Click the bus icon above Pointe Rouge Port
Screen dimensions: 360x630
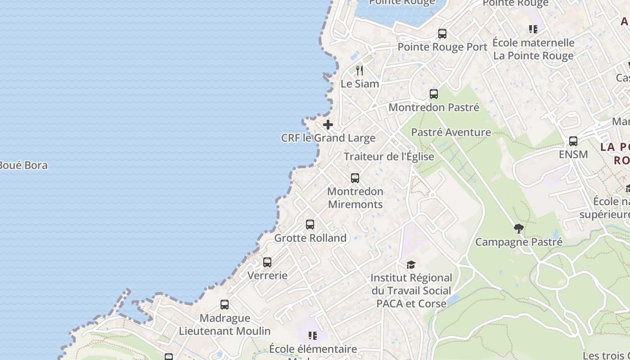tap(442, 34)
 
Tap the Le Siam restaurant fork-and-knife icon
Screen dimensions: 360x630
tap(360, 71)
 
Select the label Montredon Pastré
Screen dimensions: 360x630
tap(434, 108)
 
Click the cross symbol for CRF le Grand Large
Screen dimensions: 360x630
tap(328, 125)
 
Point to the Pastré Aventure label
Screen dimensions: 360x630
tap(451, 132)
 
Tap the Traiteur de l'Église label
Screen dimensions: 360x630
tap(389, 157)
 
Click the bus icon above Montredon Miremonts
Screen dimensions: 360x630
tap(355, 178)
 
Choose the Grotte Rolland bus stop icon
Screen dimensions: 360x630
tap(310, 225)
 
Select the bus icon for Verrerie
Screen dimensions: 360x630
tap(267, 262)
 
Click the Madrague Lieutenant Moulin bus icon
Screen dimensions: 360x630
tap(225, 305)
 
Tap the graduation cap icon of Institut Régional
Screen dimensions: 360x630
tap(411, 265)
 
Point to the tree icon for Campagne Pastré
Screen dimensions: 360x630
tap(519, 229)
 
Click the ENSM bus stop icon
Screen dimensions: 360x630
tap(573, 141)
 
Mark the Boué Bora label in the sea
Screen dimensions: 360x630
tap(23, 165)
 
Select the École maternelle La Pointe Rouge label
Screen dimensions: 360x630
tap(534, 49)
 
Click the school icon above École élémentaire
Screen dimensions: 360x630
tap(313, 336)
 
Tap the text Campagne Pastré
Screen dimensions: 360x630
tap(519, 242)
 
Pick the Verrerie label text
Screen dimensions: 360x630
tap(267, 275)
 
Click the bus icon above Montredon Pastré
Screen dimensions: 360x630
tap(434, 94)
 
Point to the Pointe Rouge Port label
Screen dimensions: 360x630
tap(442, 47)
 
